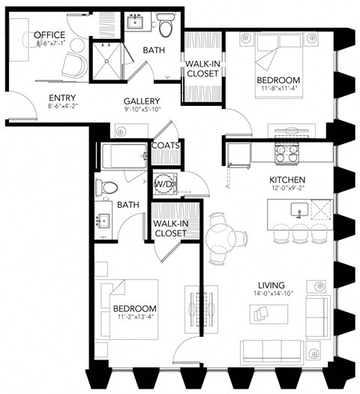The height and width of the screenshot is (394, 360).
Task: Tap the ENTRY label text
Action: pyautogui.click(x=62, y=98)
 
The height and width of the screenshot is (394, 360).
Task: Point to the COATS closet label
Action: pyautogui.click(x=165, y=146)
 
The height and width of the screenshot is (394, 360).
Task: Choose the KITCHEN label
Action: pyautogui.click(x=286, y=180)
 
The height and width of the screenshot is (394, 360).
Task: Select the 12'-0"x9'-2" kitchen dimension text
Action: pyautogui.click(x=286, y=190)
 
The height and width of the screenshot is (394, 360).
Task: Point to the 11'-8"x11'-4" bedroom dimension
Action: pyautogui.click(x=278, y=89)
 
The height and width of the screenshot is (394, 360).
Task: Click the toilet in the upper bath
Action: pyautogui.click(x=165, y=26)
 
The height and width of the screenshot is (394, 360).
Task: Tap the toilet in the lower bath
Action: pyautogui.click(x=108, y=187)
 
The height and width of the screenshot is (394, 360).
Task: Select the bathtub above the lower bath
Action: pyautogui.click(x=124, y=158)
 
